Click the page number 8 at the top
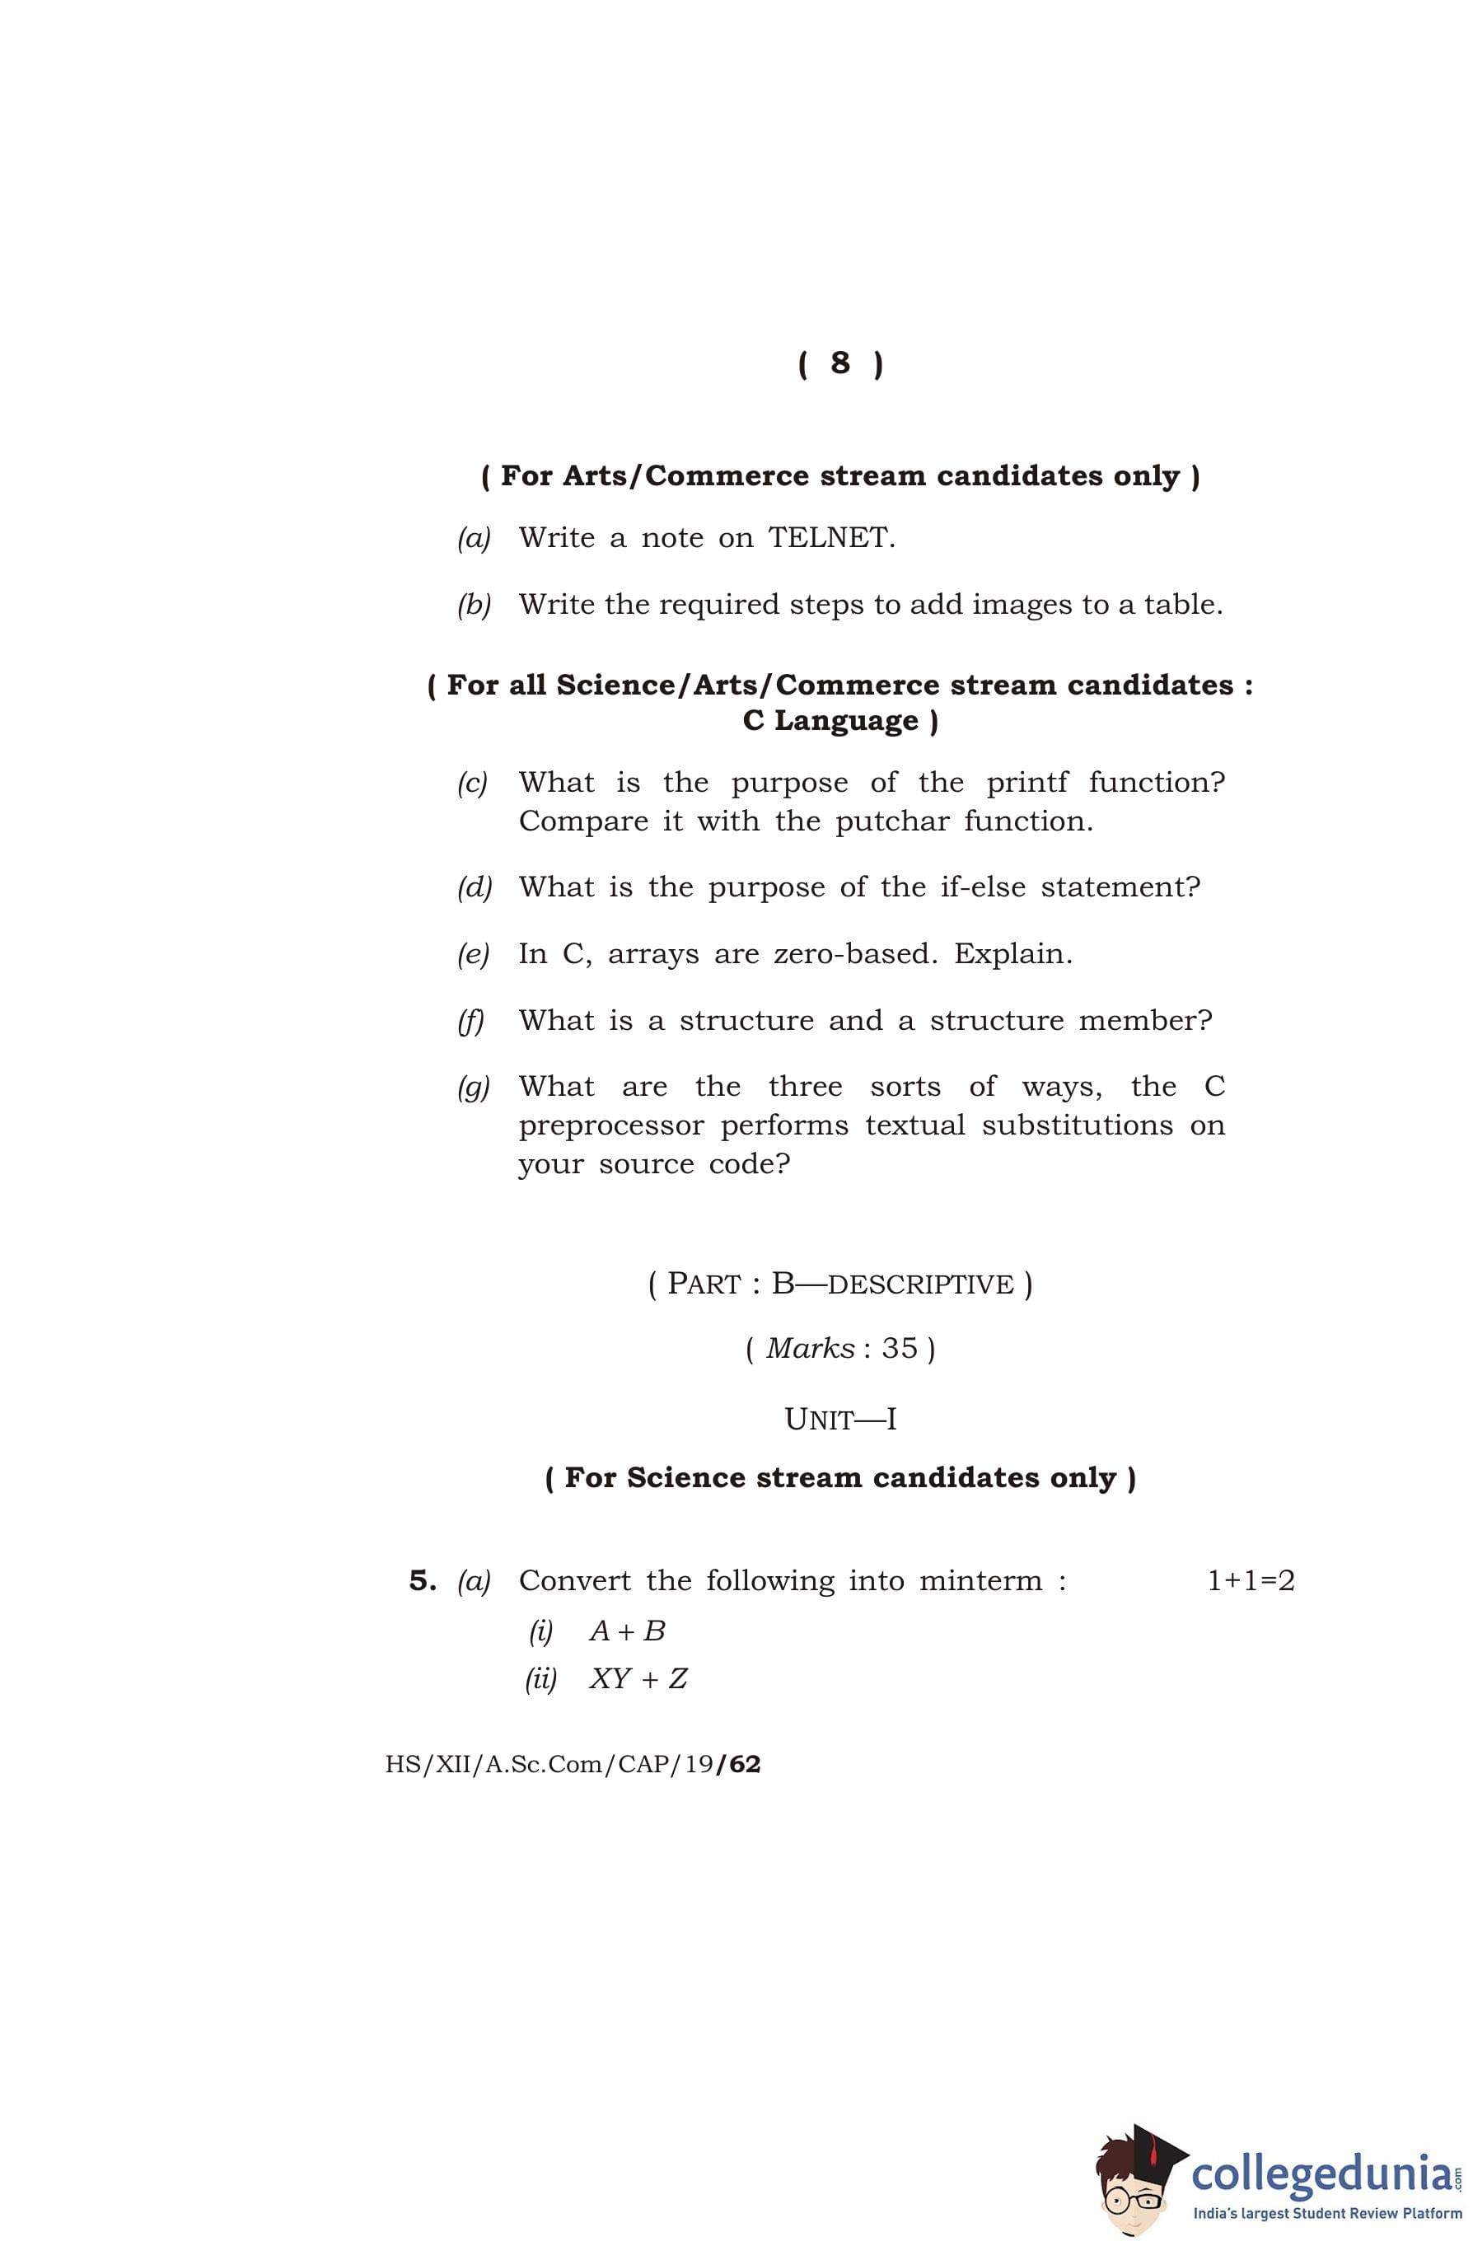click(839, 363)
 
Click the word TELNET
click(830, 538)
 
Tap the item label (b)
click(474, 605)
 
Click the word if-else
click(982, 887)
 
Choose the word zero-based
click(855, 954)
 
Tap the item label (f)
click(471, 1021)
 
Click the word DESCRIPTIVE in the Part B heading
click(920, 1284)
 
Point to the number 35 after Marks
click(900, 1349)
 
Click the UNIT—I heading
click(839, 1420)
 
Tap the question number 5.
click(421, 1581)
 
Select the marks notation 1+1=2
click(1251, 1581)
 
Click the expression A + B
click(627, 1631)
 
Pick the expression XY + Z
click(638, 1679)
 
